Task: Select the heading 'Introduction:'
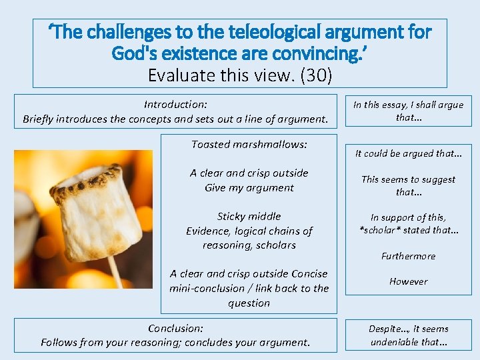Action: click(175, 105)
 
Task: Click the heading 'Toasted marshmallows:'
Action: click(249, 145)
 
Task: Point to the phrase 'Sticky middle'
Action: click(249, 217)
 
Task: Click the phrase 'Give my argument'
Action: click(249, 188)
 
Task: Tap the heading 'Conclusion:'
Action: click(175, 329)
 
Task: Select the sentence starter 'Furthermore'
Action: click(408, 257)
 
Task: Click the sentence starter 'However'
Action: click(408, 282)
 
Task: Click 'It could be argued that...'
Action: click(408, 154)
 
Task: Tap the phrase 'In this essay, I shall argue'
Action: click(408, 105)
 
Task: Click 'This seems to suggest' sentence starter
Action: click(408, 179)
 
